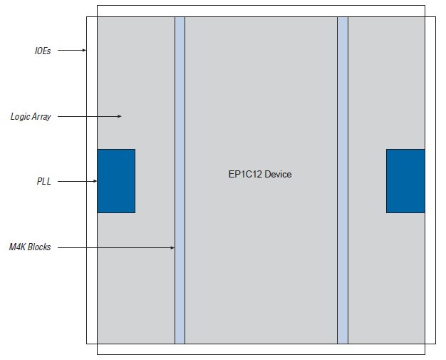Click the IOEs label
point(43,51)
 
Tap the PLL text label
point(44,182)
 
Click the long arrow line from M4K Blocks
point(114,247)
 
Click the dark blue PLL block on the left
point(116,181)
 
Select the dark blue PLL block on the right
point(405,181)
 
